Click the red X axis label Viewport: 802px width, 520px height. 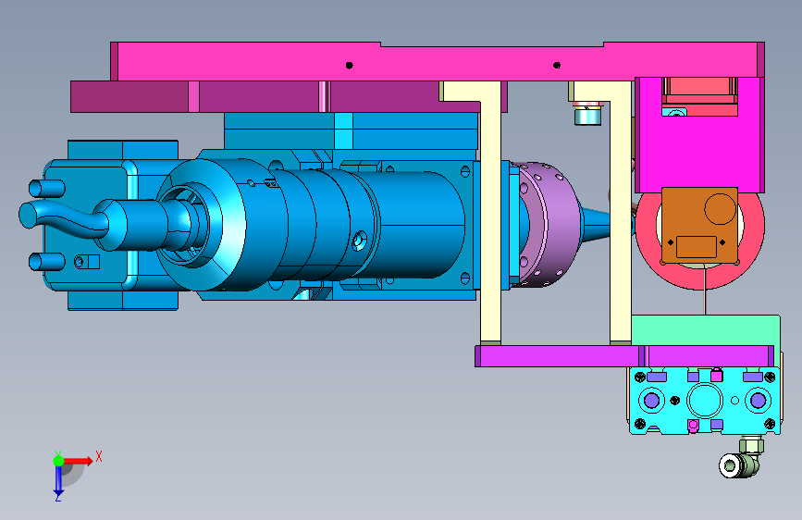(99, 456)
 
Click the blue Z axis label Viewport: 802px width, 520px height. (57, 497)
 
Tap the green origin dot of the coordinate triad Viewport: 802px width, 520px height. (59, 461)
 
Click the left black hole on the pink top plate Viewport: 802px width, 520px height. (350, 65)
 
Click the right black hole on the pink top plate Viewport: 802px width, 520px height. (557, 65)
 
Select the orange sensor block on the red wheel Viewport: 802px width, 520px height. (699, 226)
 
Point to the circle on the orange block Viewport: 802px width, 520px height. (721, 209)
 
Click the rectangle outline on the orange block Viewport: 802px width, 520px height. (697, 247)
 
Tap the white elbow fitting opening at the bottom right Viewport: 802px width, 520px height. (728, 465)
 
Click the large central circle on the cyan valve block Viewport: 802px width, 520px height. (705, 400)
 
